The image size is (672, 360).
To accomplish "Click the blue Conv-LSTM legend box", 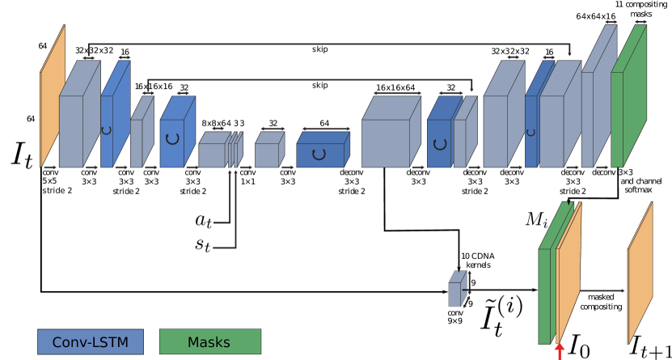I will pos(90,341).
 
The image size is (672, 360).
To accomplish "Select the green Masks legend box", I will pos(209,341).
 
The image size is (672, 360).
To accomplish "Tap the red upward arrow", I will pos(559,351).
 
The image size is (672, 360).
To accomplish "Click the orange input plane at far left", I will pos(52,101).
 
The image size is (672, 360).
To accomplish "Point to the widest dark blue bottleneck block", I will pos(321,153).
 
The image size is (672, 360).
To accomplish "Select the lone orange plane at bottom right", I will pos(640,273).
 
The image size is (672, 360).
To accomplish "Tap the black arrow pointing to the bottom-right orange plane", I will pos(602,290).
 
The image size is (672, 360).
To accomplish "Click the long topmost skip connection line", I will pos(323,44).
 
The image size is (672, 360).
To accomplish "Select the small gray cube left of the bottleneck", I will pos(268,153).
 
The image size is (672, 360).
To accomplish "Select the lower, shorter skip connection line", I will pos(307,79).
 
